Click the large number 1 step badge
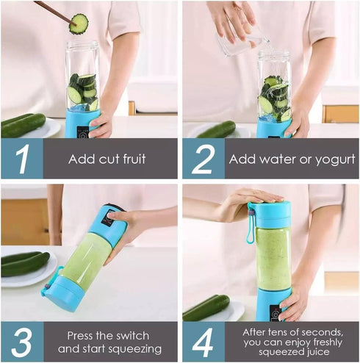tap(21, 159)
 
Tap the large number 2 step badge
tap(203, 159)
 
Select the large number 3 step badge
tap(21, 341)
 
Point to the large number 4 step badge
tap(203, 341)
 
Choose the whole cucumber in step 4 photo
tap(206, 308)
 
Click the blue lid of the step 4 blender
tap(269, 214)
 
